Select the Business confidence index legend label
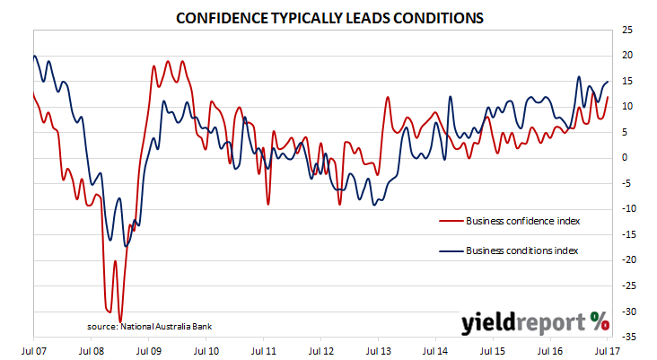tap(523, 221)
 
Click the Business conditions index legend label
tap(522, 250)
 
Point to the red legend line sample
tap(451, 221)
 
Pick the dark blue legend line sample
tap(451, 251)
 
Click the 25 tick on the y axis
tap(627, 30)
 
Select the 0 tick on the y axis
tap(625, 158)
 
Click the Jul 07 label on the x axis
tap(33, 351)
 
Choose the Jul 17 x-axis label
tap(607, 351)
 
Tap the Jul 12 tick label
tap(321, 351)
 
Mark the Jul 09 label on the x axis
tap(149, 351)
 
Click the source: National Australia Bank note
tap(150, 327)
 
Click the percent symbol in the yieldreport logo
tap(600, 322)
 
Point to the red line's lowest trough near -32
tap(120, 321)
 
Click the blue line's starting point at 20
tap(34, 56)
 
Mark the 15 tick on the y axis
tap(627, 81)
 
